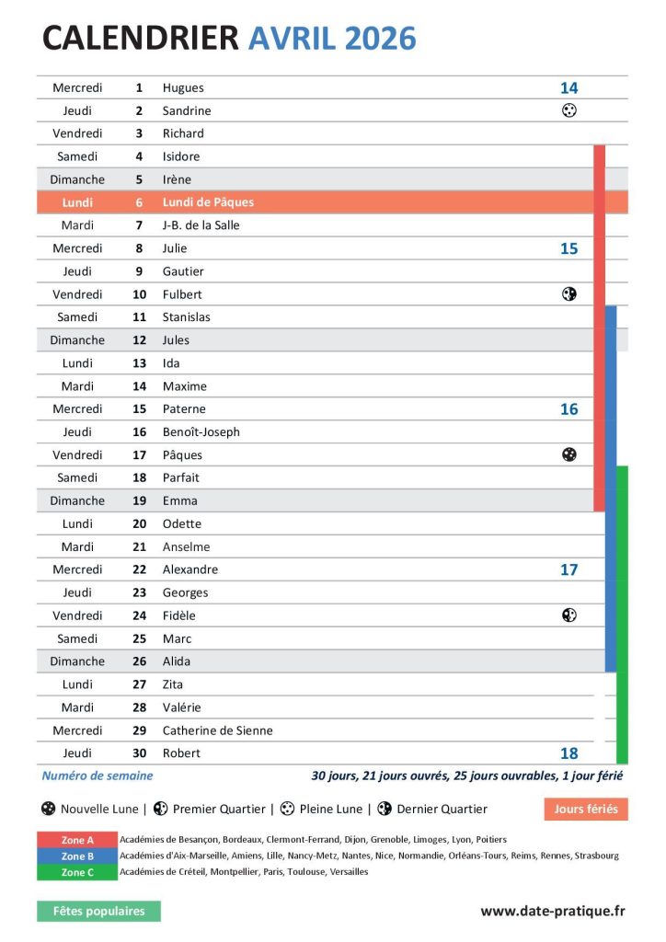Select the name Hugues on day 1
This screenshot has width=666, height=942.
[183, 88]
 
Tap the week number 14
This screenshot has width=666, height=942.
[568, 88]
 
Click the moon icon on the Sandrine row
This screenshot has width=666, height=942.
[569, 110]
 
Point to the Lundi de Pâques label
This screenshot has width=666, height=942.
[208, 202]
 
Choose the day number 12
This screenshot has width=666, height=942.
[139, 340]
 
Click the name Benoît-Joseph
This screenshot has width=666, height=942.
[201, 432]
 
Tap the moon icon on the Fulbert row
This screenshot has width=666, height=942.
[569, 294]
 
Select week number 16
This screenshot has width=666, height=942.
[568, 409]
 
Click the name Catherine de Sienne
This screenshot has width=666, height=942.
[217, 730]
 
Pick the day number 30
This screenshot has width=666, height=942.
[139, 753]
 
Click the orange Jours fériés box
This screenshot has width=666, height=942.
[585, 810]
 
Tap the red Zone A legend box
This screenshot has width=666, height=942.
[77, 840]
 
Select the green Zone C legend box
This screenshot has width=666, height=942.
[77, 872]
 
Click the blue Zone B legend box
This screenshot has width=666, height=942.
[77, 856]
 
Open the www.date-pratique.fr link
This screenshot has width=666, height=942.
[552, 911]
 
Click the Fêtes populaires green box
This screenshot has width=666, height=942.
[98, 911]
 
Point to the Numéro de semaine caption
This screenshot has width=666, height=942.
[98, 776]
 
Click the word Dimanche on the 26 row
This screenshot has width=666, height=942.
[77, 661]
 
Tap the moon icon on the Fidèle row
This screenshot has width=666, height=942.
[569, 615]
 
